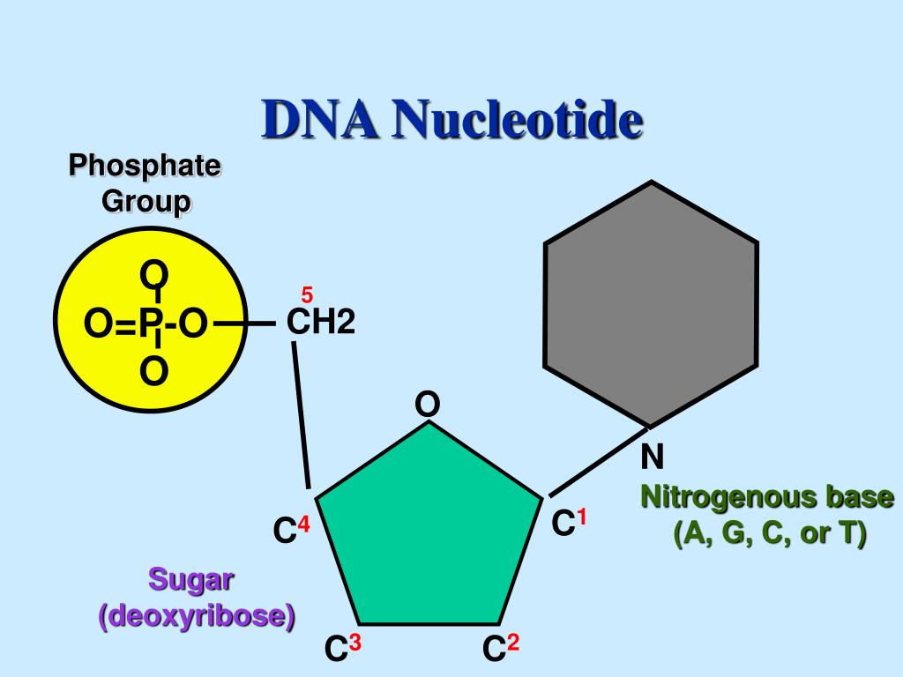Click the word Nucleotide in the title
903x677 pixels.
(x=518, y=120)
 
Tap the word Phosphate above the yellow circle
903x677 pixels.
(x=146, y=166)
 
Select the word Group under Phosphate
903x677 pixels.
(x=146, y=202)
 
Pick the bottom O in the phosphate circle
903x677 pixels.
(x=153, y=372)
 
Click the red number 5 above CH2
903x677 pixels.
(x=307, y=294)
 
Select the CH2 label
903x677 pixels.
(x=321, y=324)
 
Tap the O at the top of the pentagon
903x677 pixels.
(x=428, y=405)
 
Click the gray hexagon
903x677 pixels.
(x=651, y=304)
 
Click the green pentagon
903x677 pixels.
(x=429, y=529)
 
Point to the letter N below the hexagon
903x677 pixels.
(x=653, y=457)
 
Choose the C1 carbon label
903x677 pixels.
(x=569, y=524)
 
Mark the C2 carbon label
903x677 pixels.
(x=500, y=650)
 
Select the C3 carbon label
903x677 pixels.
(x=343, y=650)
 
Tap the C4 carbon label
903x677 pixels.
(x=291, y=531)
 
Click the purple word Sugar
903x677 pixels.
(x=190, y=579)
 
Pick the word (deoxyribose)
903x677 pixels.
(x=196, y=615)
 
